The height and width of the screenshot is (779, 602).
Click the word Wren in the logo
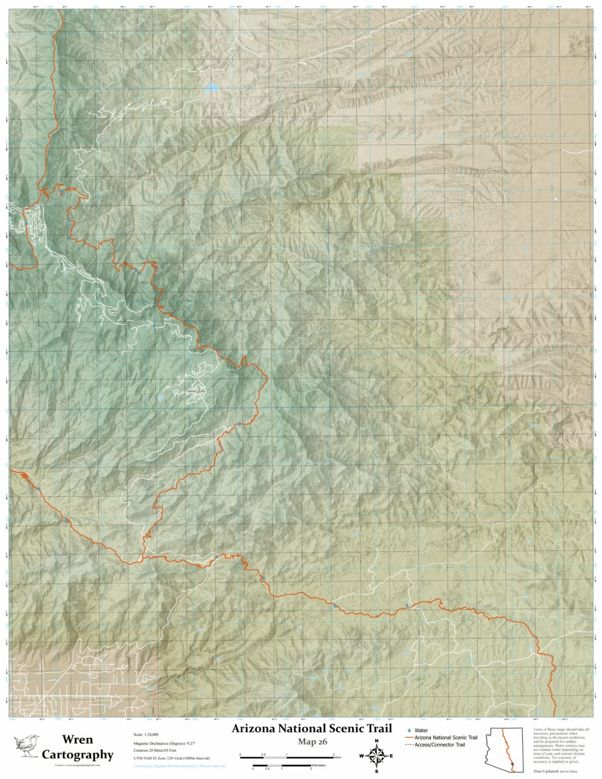[x=77, y=740]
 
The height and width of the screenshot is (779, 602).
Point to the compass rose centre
[x=376, y=756]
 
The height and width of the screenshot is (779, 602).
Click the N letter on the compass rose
[x=376, y=741]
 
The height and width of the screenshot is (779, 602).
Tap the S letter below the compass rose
[x=376, y=771]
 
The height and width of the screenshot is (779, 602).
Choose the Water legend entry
[x=425, y=730]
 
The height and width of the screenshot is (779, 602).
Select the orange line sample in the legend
[x=409, y=737]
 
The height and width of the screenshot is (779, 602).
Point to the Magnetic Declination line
[x=159, y=745]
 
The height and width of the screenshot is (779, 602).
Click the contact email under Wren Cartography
[x=77, y=767]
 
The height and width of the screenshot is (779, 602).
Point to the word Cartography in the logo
[x=77, y=755]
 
